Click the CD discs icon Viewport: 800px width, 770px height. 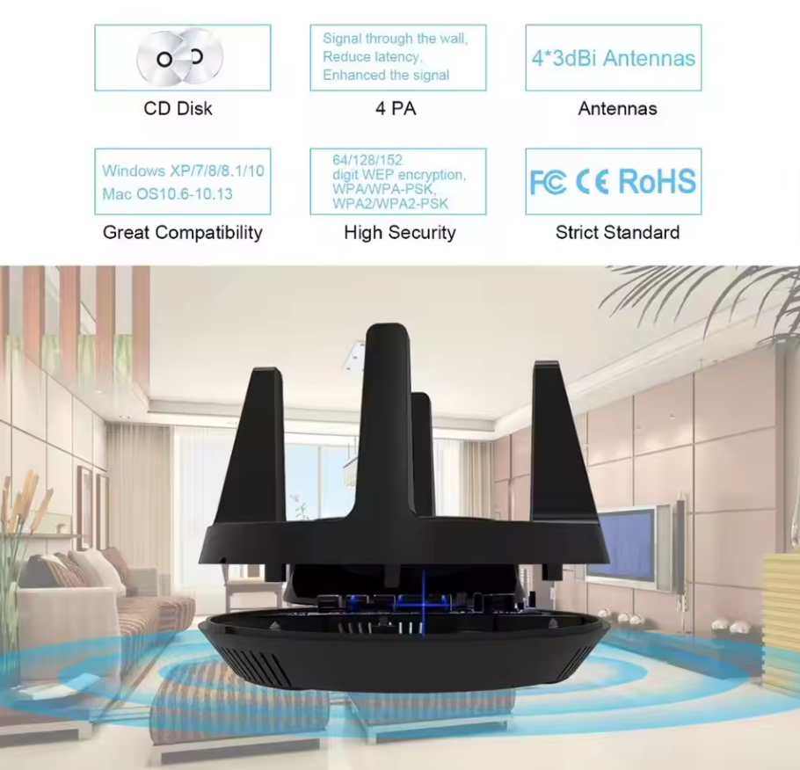click(179, 57)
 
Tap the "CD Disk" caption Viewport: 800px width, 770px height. click(178, 108)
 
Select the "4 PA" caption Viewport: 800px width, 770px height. click(396, 108)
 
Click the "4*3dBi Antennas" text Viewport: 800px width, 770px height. click(614, 58)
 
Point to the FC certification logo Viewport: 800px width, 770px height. click(548, 182)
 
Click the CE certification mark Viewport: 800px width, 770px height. click(592, 182)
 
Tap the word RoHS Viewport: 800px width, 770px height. click(658, 181)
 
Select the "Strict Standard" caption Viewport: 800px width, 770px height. click(617, 233)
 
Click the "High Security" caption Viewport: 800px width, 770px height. click(399, 233)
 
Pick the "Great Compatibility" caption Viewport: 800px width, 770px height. click(183, 233)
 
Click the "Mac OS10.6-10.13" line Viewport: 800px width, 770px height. click(167, 194)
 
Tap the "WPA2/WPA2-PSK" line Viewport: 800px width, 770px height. click(390, 204)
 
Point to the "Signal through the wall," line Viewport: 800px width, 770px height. click(395, 39)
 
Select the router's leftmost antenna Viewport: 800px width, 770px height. click(251, 449)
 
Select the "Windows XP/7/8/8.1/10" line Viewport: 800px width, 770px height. click(183, 171)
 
